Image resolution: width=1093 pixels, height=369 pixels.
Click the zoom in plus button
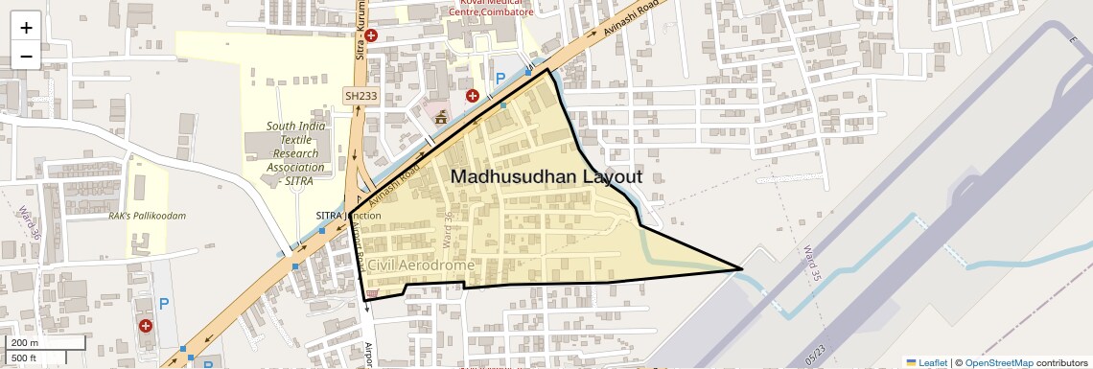26,27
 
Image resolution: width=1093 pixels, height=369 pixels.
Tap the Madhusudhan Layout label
546,177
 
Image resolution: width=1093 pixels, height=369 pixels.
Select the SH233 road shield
362,96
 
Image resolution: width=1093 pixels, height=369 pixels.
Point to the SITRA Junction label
348,216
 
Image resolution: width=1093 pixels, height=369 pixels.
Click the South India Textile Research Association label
296,153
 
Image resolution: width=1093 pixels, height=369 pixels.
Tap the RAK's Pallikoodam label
147,216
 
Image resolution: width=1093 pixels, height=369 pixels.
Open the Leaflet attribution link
926,362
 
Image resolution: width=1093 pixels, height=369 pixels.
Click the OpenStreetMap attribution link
998,362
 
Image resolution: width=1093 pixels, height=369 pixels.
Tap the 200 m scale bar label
25,343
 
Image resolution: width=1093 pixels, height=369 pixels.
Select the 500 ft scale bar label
25,357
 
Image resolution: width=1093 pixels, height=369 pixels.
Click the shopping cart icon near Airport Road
372,294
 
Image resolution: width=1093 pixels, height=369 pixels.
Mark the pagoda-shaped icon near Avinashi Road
440,118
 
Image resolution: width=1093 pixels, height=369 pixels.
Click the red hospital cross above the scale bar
146,326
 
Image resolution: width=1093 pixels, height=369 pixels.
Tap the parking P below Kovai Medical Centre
500,79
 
